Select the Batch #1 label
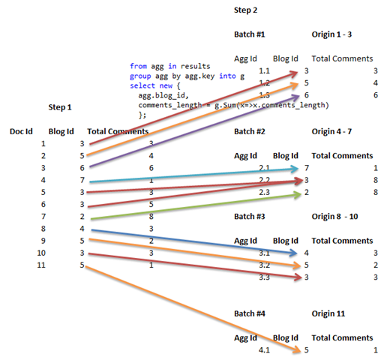(x=250, y=34)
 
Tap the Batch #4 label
(x=250, y=316)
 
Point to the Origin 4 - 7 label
(x=336, y=131)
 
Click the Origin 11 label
(x=330, y=316)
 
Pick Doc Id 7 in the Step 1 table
(x=43, y=216)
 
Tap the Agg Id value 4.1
(x=263, y=349)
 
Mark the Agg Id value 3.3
(x=263, y=277)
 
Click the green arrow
(x=195, y=205)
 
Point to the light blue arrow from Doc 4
(x=195, y=176)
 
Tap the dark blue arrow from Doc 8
(x=195, y=241)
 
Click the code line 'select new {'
(x=154, y=86)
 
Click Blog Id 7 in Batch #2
(x=305, y=168)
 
